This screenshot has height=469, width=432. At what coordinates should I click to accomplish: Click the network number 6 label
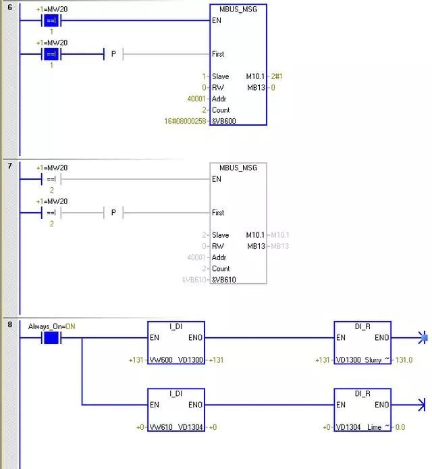(x=9, y=7)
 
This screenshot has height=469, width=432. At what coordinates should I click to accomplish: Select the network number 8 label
(x=9, y=325)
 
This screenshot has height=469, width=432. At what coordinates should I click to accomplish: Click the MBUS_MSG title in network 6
(x=238, y=9)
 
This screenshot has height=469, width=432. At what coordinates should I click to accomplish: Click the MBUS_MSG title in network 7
(x=238, y=168)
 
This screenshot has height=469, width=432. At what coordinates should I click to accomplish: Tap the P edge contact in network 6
(x=113, y=54)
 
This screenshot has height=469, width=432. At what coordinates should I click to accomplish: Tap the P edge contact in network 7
(x=113, y=213)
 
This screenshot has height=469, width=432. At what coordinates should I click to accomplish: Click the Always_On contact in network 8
(x=51, y=337)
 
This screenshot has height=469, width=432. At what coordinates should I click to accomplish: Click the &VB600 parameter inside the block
(x=223, y=121)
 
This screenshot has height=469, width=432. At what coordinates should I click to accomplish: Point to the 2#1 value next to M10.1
(x=278, y=76)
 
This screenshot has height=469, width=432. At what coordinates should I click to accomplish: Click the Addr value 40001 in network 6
(x=196, y=99)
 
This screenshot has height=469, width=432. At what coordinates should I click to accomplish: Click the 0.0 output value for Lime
(x=400, y=427)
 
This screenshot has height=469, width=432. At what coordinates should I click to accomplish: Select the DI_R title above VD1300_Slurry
(x=362, y=326)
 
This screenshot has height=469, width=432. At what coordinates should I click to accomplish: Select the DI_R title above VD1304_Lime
(x=362, y=393)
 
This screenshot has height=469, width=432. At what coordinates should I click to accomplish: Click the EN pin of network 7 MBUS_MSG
(x=216, y=179)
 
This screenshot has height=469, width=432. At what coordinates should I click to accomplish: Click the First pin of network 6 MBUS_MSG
(x=217, y=54)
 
